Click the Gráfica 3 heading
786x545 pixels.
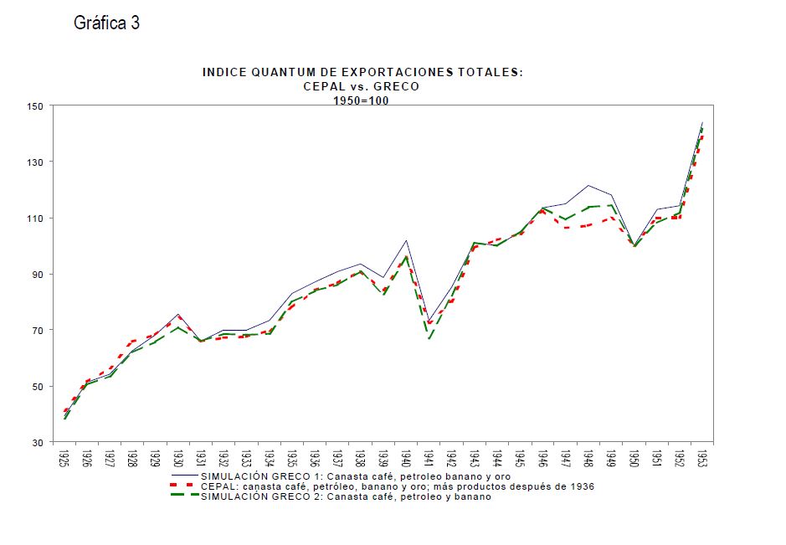106,23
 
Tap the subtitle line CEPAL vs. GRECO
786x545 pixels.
361,86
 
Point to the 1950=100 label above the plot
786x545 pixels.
361,100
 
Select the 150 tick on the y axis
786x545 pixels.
34,106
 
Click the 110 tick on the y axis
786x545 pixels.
34,219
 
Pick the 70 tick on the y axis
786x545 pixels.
34,331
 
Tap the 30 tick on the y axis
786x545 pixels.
34,443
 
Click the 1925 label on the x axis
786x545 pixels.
64,460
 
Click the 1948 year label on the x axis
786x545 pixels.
588,460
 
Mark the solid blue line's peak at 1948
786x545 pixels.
588,185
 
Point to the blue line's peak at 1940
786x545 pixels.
406,240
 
